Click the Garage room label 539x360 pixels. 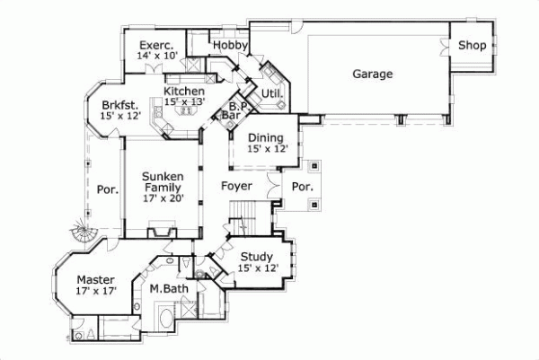tap(372, 74)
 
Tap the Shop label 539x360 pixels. tap(472, 45)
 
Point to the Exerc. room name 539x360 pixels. tap(156, 45)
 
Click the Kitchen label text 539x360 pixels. tap(183, 91)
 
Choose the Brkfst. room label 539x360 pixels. tap(119, 104)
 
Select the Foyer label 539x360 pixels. tap(236, 186)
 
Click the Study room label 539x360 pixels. tap(258, 256)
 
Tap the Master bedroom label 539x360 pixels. tap(94, 279)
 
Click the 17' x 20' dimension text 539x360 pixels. tap(163, 199)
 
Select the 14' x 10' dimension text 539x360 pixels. tap(156, 56)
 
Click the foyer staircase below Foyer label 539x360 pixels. tap(243, 215)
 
